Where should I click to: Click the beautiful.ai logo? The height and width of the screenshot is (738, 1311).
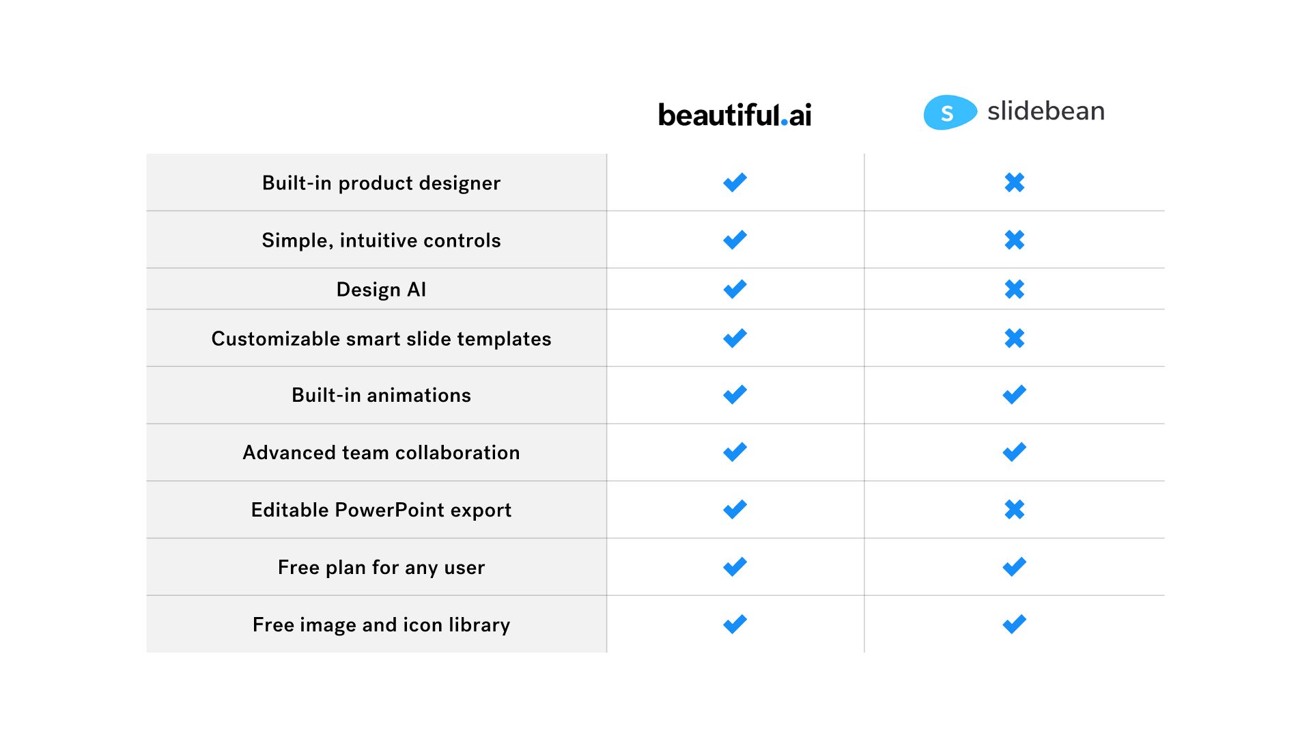coord(735,115)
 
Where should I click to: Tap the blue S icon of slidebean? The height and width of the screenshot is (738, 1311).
coord(950,112)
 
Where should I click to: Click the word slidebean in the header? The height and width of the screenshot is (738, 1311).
coord(1045,111)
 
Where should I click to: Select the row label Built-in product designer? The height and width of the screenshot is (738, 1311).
coord(381,183)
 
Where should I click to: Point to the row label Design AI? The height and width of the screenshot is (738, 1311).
coord(381,290)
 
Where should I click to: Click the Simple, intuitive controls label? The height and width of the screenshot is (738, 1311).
coord(381,241)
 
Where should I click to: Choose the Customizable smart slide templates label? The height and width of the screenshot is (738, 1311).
coord(381,339)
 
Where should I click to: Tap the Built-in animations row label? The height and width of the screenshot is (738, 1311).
coord(381,395)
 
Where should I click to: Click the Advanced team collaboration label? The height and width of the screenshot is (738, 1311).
coord(381,452)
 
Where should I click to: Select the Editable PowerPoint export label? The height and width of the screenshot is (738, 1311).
coord(381,510)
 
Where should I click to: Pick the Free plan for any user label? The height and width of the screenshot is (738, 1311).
coord(381,567)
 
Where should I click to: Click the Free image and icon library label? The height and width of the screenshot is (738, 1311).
coord(381,625)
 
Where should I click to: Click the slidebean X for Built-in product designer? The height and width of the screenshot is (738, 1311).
coord(1015,182)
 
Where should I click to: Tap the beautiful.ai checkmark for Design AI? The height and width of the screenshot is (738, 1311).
coord(735,289)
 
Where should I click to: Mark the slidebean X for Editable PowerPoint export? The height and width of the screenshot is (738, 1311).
coord(1015,509)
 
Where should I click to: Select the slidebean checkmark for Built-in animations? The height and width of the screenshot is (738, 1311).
coord(1014,394)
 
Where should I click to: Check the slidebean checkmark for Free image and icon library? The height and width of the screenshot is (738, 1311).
coord(1014,624)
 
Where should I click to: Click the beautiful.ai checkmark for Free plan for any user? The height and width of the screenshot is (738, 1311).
coord(735,566)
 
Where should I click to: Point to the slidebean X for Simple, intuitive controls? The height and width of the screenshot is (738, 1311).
coord(1015,240)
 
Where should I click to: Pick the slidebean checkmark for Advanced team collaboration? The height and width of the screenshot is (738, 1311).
coord(1014,452)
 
